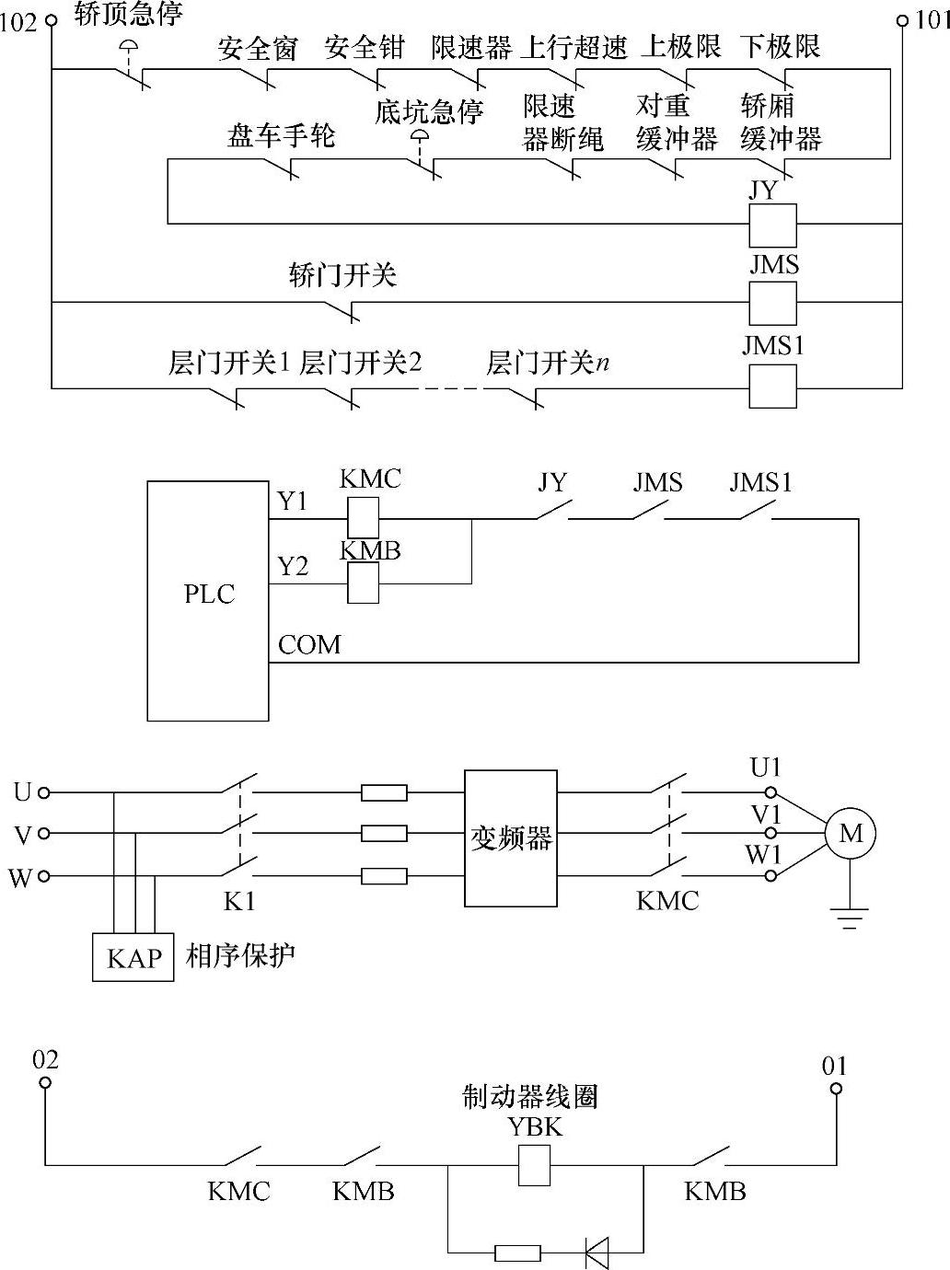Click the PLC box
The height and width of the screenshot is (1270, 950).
208,600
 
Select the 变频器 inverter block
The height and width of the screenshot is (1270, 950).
510,837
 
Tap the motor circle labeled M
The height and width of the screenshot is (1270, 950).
850,834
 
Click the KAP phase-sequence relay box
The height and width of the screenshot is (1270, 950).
133,957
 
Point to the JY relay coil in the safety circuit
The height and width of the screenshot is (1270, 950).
772,224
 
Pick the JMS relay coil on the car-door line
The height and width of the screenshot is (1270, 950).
772,302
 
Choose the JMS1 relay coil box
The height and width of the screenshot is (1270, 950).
772,387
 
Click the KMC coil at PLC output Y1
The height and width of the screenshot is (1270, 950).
363,518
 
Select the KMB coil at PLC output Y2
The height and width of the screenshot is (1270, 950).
363,583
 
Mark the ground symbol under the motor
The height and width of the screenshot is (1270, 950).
849,917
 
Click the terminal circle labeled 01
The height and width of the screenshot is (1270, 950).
836,1088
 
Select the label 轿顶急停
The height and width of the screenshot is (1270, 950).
128,14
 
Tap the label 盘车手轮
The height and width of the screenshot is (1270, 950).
282,136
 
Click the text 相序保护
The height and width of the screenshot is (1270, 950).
240,955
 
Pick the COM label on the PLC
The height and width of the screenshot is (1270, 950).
309,644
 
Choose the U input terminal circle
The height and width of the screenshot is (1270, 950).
43,791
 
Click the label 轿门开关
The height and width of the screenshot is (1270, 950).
342,274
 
